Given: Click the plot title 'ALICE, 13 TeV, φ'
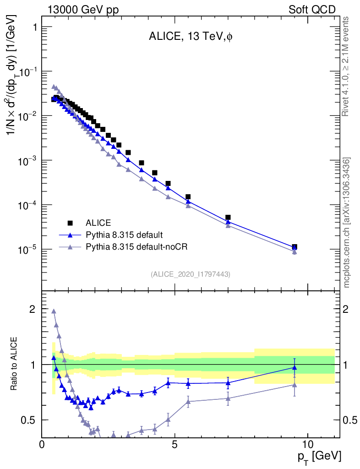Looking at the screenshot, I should (191, 38).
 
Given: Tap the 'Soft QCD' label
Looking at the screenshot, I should (312, 9).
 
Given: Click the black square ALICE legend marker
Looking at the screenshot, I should (70, 223).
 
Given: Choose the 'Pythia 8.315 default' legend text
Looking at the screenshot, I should (124, 235).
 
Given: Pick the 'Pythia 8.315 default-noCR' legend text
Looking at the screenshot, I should (137, 247).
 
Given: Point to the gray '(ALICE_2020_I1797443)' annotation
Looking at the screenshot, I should (191, 274).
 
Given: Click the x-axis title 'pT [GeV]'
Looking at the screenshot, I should (320, 456).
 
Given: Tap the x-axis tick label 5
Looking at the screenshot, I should (175, 445).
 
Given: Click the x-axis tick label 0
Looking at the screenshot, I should (42, 445).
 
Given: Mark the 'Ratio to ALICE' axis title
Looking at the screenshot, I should (15, 364).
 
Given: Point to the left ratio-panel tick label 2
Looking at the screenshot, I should (33, 309).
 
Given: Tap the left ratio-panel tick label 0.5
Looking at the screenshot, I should (29, 420).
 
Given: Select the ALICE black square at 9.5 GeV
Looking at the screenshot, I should (295, 247).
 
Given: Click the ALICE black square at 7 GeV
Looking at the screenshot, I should (228, 218).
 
